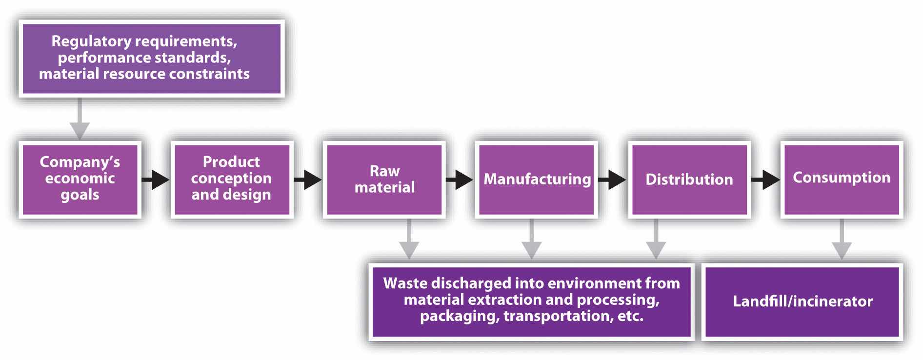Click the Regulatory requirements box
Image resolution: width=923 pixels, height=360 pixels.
click(x=151, y=58)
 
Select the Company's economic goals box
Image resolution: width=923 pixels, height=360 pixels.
click(x=80, y=179)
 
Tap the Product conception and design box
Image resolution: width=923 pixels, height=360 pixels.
click(x=232, y=179)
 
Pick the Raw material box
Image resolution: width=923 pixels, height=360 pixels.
click(x=384, y=179)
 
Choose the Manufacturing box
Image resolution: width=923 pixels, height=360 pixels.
click(x=537, y=179)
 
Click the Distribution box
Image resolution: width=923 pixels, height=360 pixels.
click(x=689, y=179)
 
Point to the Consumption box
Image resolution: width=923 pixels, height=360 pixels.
click(x=841, y=179)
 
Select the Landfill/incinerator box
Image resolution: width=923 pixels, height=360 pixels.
click(x=803, y=301)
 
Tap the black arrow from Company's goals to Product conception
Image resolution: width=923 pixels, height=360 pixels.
click(x=156, y=180)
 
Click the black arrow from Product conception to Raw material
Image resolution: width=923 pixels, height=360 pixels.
click(x=308, y=180)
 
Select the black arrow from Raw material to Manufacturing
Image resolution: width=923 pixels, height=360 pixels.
click(x=460, y=180)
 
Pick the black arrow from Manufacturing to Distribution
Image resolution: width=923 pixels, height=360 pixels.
click(x=612, y=180)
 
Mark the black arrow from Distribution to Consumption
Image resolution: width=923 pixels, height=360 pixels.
click(x=765, y=180)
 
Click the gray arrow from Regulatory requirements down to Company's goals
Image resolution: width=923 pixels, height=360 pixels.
click(x=80, y=120)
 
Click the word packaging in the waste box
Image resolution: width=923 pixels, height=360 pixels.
click(x=459, y=317)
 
